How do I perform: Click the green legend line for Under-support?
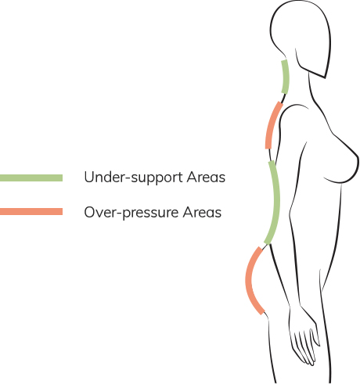pyautogui.click(x=31, y=178)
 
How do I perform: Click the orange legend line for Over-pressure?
pyautogui.click(x=31, y=211)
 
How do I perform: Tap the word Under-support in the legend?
pyautogui.click(x=133, y=178)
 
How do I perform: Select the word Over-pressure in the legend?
pyautogui.click(x=131, y=212)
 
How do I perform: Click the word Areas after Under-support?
pyautogui.click(x=206, y=178)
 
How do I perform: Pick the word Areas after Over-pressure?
pyautogui.click(x=202, y=212)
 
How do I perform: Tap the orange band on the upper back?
pyautogui.click(x=272, y=124)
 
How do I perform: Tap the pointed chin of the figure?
pyautogui.click(x=325, y=77)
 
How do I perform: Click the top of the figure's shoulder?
pyautogui.click(x=294, y=106)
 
